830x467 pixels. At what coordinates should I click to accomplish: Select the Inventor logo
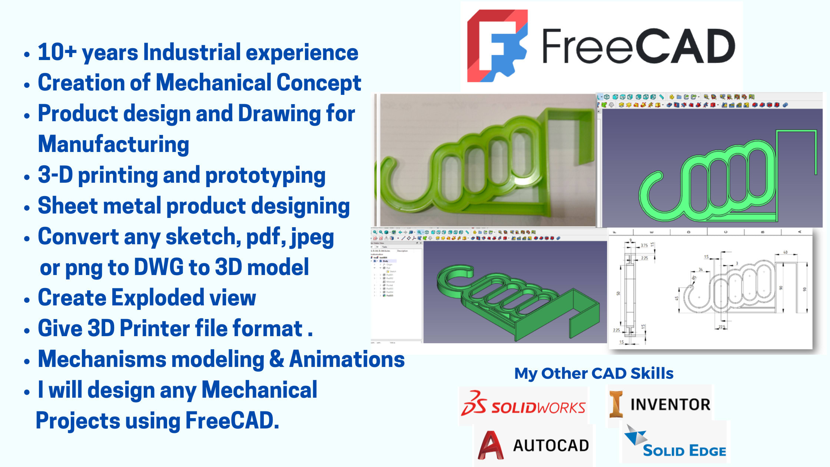tap(660, 404)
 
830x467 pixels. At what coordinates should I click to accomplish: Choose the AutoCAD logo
tap(534, 445)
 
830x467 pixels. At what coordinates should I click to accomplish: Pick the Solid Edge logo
tap(674, 443)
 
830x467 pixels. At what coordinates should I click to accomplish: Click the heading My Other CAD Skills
tap(594, 373)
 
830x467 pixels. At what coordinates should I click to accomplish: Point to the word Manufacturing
tap(113, 144)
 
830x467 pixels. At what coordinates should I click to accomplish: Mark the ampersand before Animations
tap(276, 359)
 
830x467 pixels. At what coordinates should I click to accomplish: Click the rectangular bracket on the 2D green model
tap(797, 148)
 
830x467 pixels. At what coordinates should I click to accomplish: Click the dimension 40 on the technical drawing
tap(785, 252)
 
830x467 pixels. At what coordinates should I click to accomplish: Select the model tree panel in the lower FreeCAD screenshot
tap(396, 289)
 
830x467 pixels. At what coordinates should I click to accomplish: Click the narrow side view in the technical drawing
tap(630, 293)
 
